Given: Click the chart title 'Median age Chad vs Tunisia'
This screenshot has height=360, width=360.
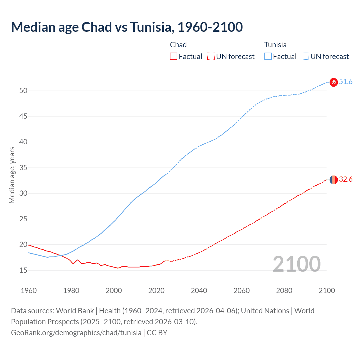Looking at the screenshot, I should tap(127, 27).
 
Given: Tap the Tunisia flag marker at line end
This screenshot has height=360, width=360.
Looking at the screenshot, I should tap(334, 82).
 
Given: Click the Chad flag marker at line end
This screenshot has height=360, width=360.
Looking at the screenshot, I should tap(334, 179).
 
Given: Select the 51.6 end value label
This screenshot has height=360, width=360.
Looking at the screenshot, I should tap(346, 82).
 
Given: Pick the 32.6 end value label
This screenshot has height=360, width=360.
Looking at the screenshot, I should tap(346, 179).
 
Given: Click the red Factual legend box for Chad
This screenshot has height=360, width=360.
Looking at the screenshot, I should tap(174, 57).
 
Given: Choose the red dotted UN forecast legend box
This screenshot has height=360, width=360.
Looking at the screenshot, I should tap(211, 57).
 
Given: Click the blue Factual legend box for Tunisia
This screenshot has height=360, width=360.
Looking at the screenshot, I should tap(268, 57).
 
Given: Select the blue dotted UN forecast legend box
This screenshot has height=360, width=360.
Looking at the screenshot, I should tap(305, 57).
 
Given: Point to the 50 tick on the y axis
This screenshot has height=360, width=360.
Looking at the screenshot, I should tap(23, 91).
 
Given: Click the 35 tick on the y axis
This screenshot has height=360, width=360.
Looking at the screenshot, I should tap(23, 168).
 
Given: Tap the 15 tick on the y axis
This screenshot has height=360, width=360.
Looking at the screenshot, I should tap(23, 270).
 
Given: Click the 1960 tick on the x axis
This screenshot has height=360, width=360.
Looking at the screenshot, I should tap(29, 291).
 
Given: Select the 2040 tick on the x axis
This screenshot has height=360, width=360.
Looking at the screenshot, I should tap(199, 291).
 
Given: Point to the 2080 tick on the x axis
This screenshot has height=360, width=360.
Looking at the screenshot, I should tap(284, 291).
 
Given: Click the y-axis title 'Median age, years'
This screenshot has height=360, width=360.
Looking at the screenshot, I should tap(12, 175).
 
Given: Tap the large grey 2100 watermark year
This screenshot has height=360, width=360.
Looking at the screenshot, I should tap(296, 264).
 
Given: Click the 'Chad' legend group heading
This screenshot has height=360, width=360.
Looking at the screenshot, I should tap(178, 45).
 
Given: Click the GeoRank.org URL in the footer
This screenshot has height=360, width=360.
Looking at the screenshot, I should tap(76, 333).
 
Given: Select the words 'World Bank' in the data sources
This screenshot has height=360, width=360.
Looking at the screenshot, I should tap(75, 311).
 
